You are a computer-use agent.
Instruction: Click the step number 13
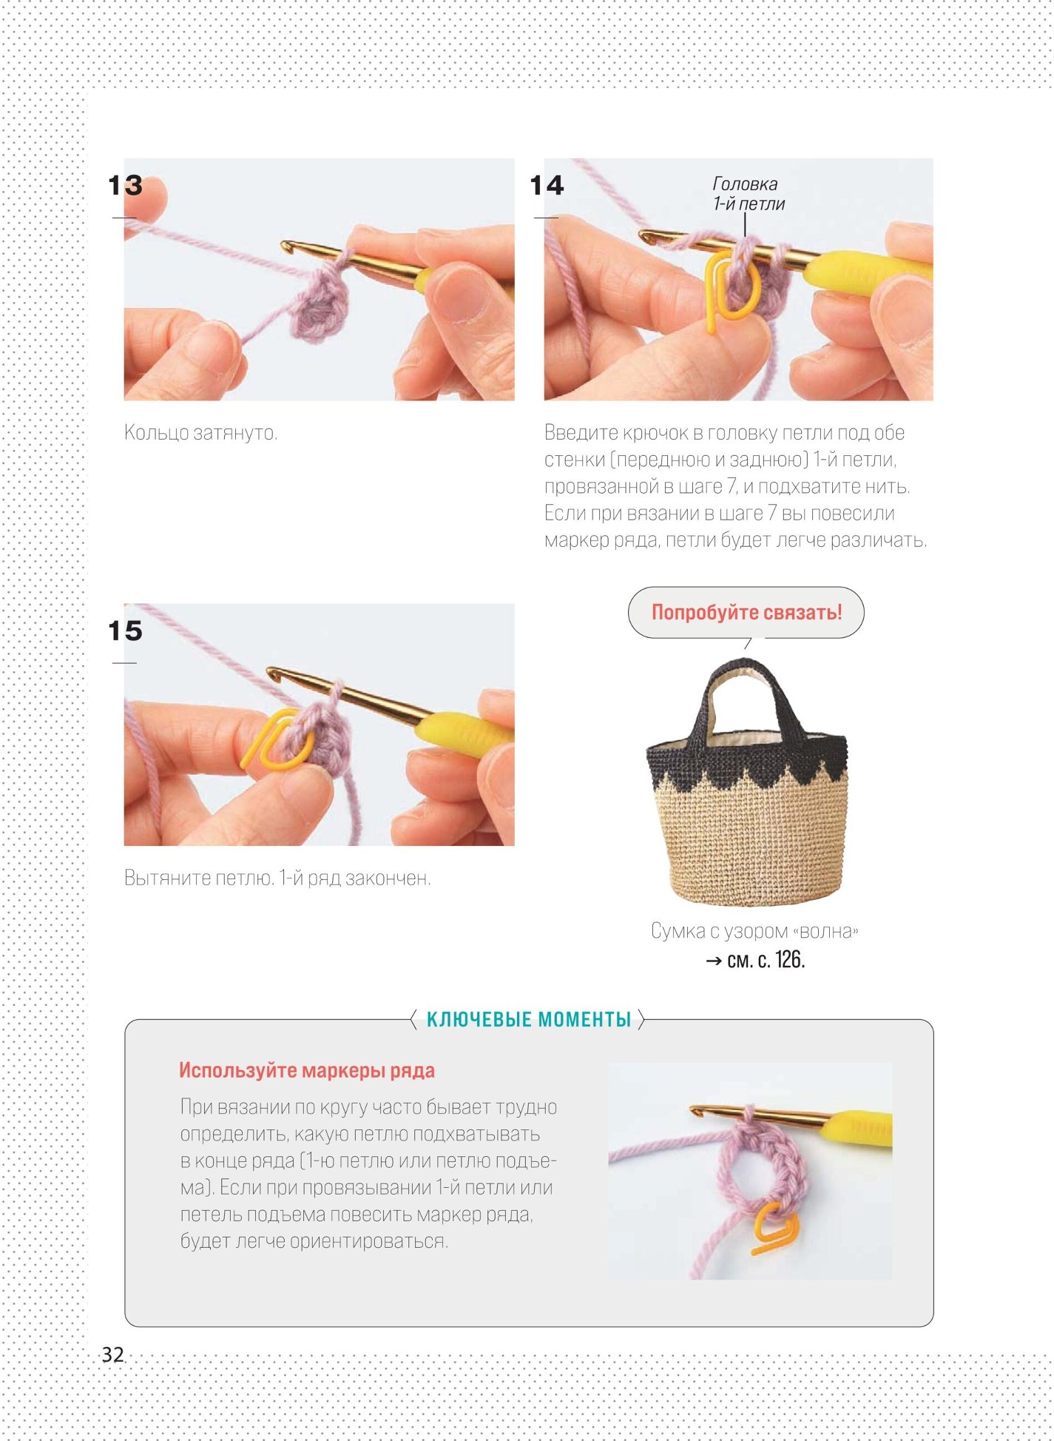125,185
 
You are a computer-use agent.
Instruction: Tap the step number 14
547,185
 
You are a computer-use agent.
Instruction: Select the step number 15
125,631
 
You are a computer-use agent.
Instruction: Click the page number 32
112,1354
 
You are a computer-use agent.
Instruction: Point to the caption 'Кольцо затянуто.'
200,432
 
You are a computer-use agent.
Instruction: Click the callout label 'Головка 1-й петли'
749,194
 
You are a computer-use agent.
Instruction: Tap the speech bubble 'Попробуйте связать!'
746,612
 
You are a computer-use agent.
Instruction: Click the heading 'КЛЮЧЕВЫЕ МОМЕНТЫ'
529,1020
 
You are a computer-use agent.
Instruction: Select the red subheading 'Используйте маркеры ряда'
307,1070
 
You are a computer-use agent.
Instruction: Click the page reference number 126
789,960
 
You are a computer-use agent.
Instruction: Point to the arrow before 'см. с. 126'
714,961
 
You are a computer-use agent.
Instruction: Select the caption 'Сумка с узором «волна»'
754,931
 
